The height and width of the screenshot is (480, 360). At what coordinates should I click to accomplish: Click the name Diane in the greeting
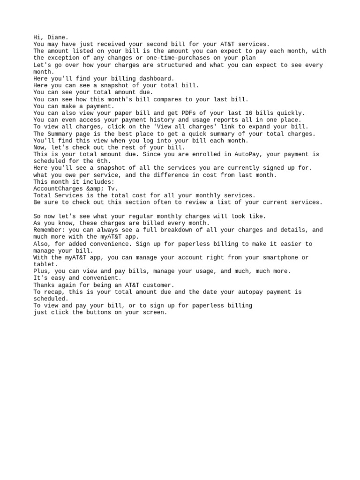(x=56, y=37)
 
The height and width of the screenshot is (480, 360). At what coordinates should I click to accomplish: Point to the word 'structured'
(x=175, y=65)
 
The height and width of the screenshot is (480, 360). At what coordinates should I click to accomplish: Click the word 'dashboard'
(x=156, y=78)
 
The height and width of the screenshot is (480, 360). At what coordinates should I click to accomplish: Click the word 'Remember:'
(x=49, y=230)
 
